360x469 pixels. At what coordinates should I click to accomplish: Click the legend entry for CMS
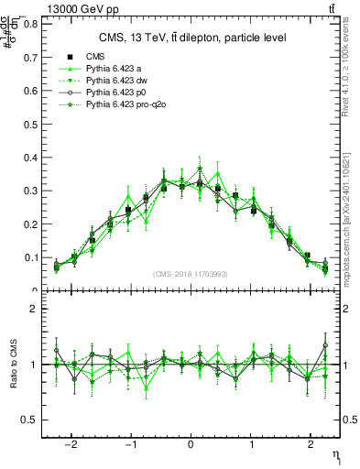tap(96, 57)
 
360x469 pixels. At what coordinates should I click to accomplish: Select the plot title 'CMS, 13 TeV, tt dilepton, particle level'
tap(191, 38)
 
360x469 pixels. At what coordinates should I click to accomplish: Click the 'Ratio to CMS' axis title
tap(13, 365)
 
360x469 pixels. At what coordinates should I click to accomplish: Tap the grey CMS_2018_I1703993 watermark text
tap(191, 274)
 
